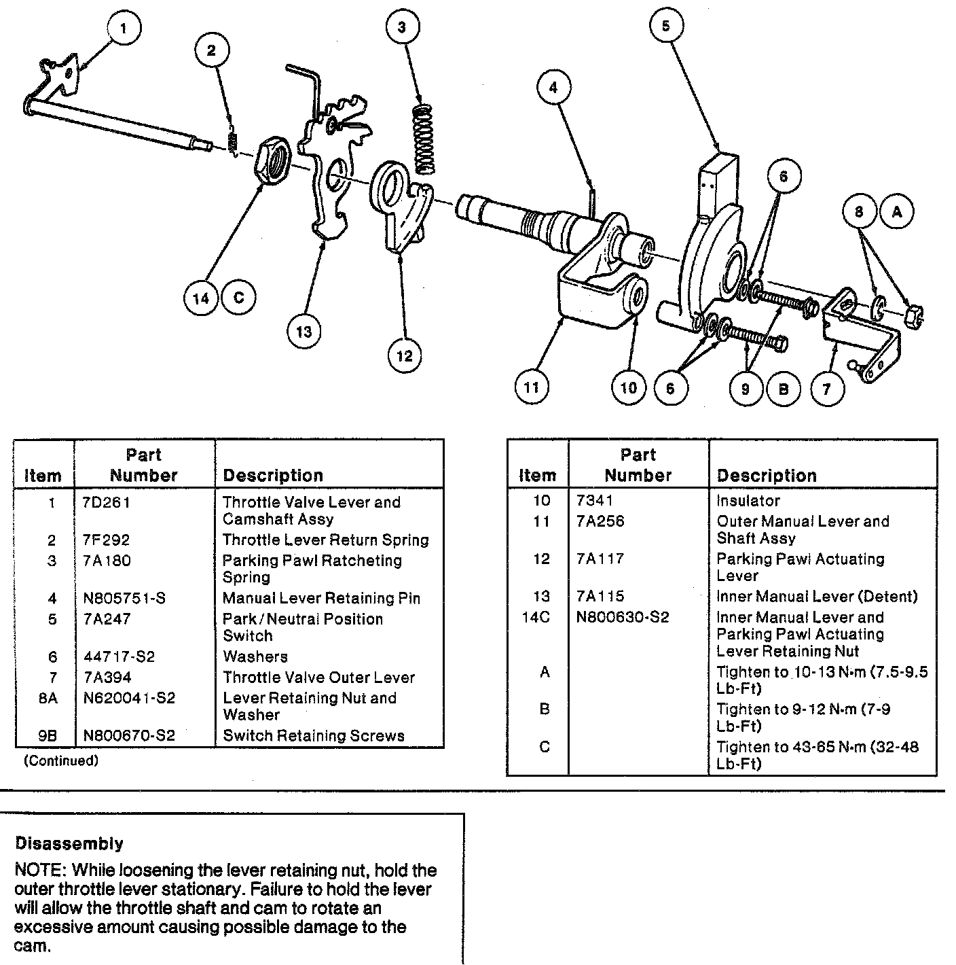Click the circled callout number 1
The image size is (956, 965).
(x=123, y=29)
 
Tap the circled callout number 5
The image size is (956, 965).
(x=665, y=26)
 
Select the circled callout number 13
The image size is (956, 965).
(x=304, y=331)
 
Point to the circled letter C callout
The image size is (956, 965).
(x=238, y=297)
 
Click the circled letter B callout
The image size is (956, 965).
(x=783, y=388)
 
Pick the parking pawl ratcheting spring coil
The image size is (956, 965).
(x=424, y=139)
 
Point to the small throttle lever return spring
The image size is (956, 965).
(x=232, y=141)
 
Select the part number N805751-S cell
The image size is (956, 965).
(x=124, y=599)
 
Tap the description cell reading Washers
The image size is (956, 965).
(x=255, y=657)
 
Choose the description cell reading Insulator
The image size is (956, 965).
(x=748, y=501)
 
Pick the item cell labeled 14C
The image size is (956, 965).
(x=536, y=617)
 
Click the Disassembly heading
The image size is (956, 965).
(x=69, y=844)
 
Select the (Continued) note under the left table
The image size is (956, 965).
(x=60, y=761)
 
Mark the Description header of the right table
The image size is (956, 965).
(x=767, y=476)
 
